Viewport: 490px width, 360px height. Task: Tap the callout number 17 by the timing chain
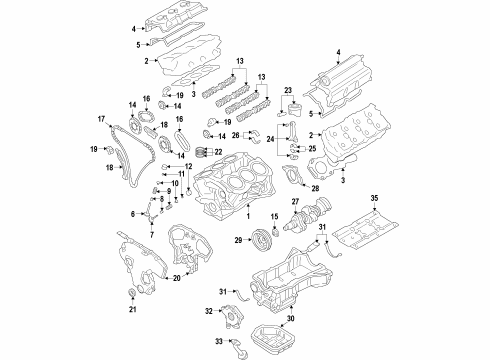pyautogui.click(x=101, y=122)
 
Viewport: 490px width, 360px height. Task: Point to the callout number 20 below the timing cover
pyautogui.click(x=176, y=277)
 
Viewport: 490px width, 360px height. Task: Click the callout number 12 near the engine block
pyautogui.click(x=188, y=166)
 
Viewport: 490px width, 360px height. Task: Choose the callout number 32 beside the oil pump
pyautogui.click(x=208, y=312)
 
